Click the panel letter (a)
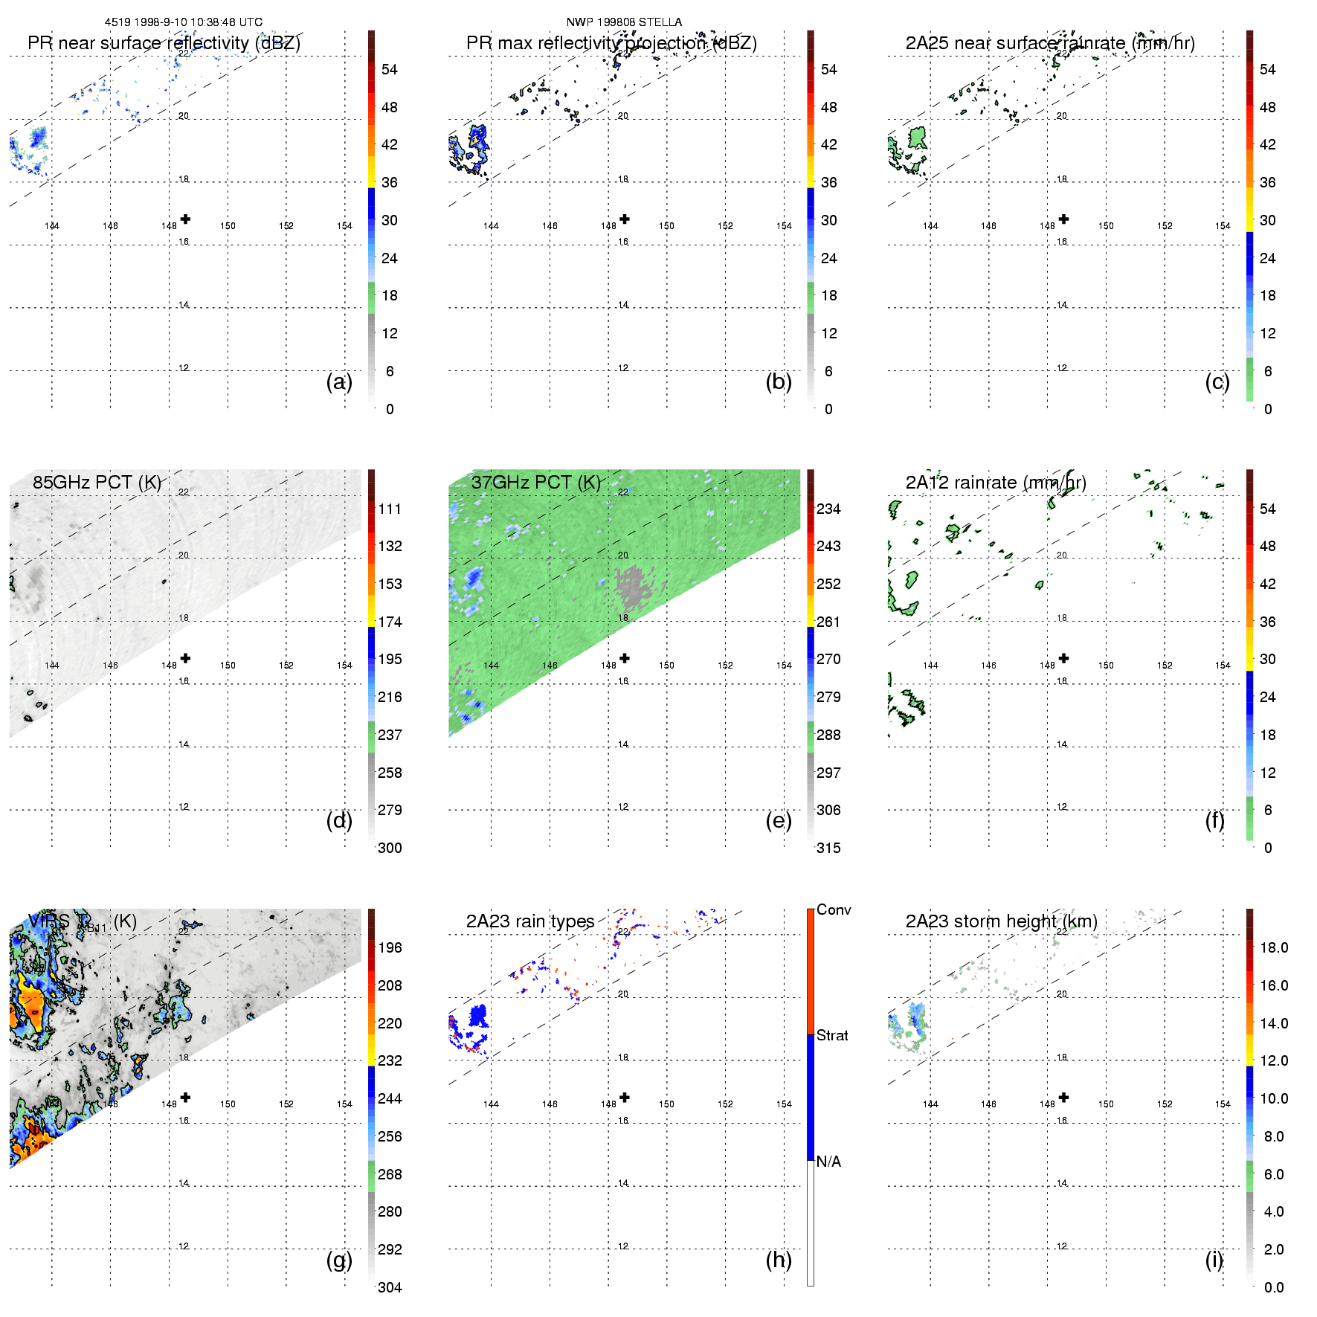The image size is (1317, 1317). click(339, 381)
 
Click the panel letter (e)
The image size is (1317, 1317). click(778, 820)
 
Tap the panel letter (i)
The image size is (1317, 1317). click(1214, 1260)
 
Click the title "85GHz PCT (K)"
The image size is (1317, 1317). click(97, 482)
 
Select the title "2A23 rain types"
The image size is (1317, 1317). click(530, 921)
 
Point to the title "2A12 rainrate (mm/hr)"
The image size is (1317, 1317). click(996, 482)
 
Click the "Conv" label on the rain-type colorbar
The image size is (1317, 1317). click(834, 909)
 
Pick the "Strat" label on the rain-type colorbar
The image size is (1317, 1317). click(832, 1035)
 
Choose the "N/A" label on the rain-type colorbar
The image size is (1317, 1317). click(828, 1162)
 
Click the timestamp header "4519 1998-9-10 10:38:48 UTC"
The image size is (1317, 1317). click(184, 22)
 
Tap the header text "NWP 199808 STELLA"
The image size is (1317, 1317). click(624, 22)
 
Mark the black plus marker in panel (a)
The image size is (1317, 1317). click(185, 219)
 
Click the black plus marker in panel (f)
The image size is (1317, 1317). click(1064, 658)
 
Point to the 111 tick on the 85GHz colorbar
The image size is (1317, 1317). click(390, 509)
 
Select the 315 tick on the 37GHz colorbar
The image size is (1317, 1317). click(828, 848)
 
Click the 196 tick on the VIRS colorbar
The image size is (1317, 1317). click(390, 947)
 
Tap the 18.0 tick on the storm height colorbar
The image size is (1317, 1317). click(1274, 947)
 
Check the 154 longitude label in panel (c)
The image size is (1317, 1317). click(1223, 226)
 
